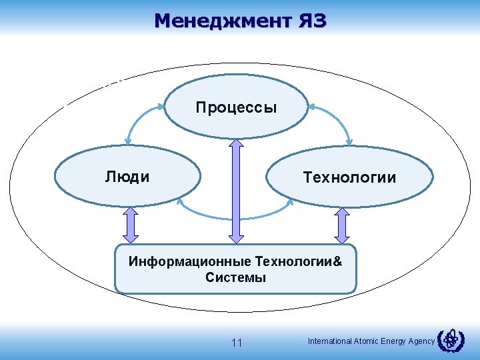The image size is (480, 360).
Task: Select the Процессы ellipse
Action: (236, 107)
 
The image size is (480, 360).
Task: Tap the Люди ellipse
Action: (127, 177)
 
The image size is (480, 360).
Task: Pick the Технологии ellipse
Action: (349, 177)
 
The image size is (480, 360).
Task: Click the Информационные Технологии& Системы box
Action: (235, 269)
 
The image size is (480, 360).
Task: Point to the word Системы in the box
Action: (235, 278)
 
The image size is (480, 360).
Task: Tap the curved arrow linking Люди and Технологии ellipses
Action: (235, 215)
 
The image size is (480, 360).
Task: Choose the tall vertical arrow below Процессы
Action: (235, 189)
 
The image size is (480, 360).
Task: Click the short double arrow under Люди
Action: (131, 224)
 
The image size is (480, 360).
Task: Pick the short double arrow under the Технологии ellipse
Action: (342, 224)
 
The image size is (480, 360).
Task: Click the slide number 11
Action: (236, 343)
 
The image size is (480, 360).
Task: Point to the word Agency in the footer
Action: (422, 341)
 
